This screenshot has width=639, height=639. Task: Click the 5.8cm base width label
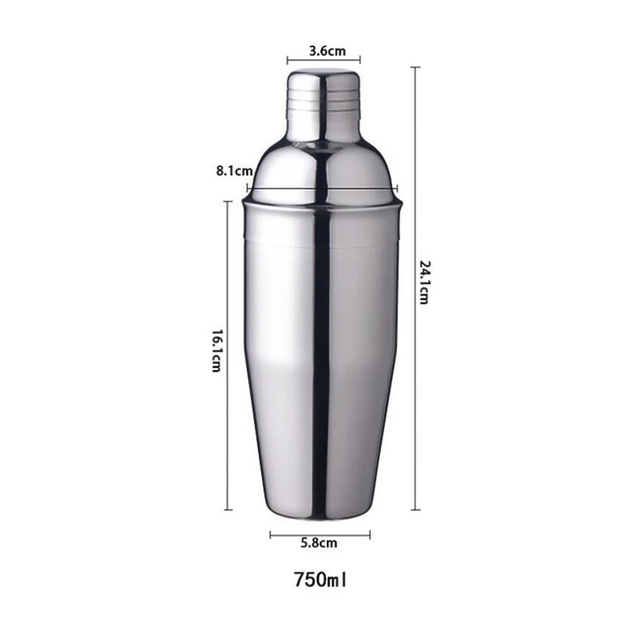coord(319,543)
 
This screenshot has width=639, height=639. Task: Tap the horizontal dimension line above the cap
coord(323,59)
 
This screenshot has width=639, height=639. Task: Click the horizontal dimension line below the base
coord(319,535)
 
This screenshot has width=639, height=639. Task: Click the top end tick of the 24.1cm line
coord(415,68)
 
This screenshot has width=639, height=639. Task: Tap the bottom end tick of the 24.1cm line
coord(415,509)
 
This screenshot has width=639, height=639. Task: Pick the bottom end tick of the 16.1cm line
coord(229,509)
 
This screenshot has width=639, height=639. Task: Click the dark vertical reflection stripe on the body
coord(321,359)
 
